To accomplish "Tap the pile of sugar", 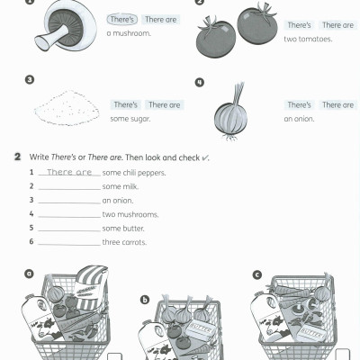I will coord(65,111).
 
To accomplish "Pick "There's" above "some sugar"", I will coord(126,105).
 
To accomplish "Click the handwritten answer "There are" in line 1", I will coord(69,172).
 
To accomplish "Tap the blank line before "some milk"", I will coord(69,188).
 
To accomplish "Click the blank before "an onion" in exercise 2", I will coord(69,202).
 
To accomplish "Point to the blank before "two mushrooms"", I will coord(69,216).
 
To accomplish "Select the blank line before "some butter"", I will coord(69,229).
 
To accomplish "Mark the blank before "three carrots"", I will coord(69,244).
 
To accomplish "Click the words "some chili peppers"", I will coord(134,173).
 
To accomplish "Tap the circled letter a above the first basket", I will coord(29,273).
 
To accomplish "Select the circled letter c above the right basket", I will coord(258,274).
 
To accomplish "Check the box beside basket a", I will coord(114,355).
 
